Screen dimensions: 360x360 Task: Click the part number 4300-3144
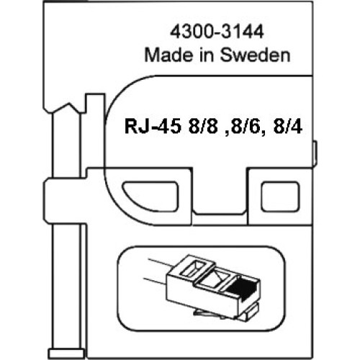[217, 32]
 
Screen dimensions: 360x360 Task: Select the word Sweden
[255, 55]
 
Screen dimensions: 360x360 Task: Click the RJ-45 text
[153, 127]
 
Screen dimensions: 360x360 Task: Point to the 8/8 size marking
[203, 127]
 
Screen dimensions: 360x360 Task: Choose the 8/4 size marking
[288, 127]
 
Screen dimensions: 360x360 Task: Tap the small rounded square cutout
[280, 197]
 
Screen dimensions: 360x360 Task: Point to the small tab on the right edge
[315, 153]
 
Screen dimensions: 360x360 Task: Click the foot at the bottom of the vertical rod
[66, 354]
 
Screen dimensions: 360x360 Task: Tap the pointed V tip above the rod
[69, 104]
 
